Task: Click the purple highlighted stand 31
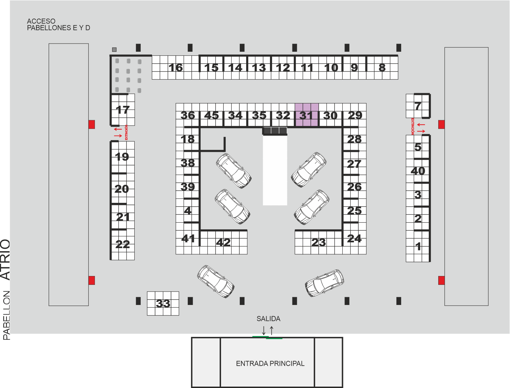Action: (306, 115)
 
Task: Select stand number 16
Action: (176, 67)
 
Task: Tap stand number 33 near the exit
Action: (163, 303)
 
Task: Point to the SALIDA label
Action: (268, 319)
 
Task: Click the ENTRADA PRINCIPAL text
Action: (270, 363)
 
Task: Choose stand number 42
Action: (223, 242)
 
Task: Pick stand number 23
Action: (319, 242)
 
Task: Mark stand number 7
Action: (418, 106)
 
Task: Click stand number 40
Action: (418, 171)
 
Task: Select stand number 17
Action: (123, 110)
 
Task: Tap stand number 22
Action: (122, 244)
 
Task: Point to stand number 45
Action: (211, 115)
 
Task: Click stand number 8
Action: (382, 67)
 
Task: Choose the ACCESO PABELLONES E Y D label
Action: (58, 25)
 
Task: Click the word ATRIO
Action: (5, 259)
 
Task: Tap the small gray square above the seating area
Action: (114, 49)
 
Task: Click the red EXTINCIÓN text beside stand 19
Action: (126, 132)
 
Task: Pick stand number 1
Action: (418, 246)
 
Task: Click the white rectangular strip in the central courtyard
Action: (275, 170)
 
